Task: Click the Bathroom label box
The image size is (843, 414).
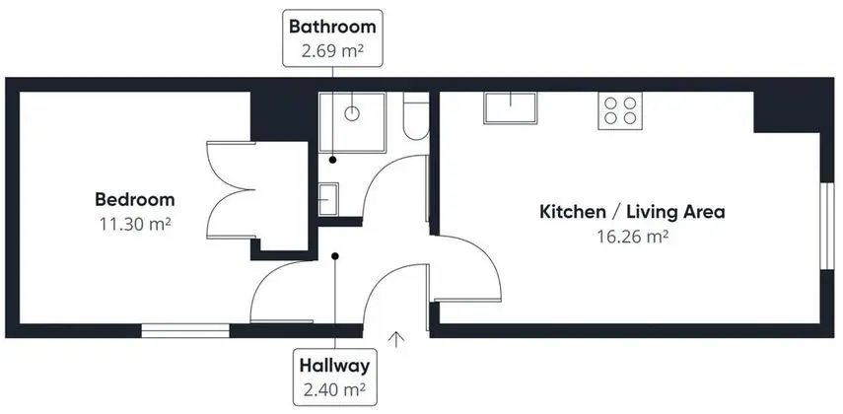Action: pyautogui.click(x=332, y=37)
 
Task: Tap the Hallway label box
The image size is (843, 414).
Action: pyautogui.click(x=334, y=377)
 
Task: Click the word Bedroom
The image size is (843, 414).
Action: pyautogui.click(x=135, y=199)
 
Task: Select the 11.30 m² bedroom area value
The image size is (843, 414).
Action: pyautogui.click(x=135, y=224)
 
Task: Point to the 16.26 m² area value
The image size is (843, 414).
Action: pyautogui.click(x=633, y=236)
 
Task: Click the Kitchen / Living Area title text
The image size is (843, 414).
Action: pyautogui.click(x=632, y=212)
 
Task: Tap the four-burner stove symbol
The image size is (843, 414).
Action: pyautogui.click(x=620, y=110)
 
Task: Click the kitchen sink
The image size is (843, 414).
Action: pyautogui.click(x=510, y=107)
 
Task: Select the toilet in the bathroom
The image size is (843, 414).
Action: pyautogui.click(x=416, y=116)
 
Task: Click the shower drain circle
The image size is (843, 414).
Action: pyautogui.click(x=352, y=114)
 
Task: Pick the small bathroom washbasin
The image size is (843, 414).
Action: pyautogui.click(x=328, y=199)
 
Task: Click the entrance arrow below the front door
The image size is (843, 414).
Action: pyautogui.click(x=396, y=339)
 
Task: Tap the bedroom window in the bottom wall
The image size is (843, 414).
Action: pyautogui.click(x=185, y=330)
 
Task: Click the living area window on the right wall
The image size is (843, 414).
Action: pyautogui.click(x=827, y=226)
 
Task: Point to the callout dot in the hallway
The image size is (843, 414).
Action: pyautogui.click(x=335, y=256)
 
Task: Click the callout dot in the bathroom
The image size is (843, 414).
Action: pyautogui.click(x=333, y=160)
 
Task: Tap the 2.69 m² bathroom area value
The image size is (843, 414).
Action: pyautogui.click(x=332, y=51)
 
